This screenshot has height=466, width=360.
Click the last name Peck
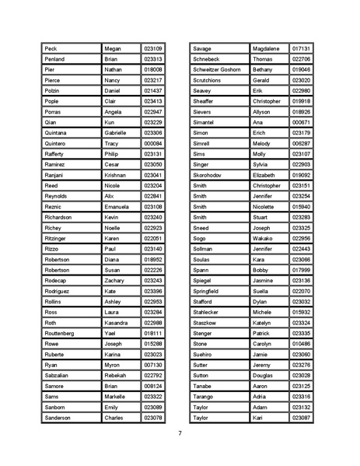click(51, 48)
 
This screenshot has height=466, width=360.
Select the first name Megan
click(114, 48)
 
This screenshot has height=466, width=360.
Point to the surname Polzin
click(54, 91)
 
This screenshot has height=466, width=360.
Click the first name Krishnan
click(117, 176)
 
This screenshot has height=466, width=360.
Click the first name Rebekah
click(116, 375)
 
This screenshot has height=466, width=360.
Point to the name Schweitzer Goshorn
click(216, 69)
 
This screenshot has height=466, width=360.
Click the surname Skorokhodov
click(209, 176)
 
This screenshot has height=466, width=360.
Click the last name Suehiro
click(203, 354)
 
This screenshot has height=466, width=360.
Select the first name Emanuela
click(117, 207)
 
